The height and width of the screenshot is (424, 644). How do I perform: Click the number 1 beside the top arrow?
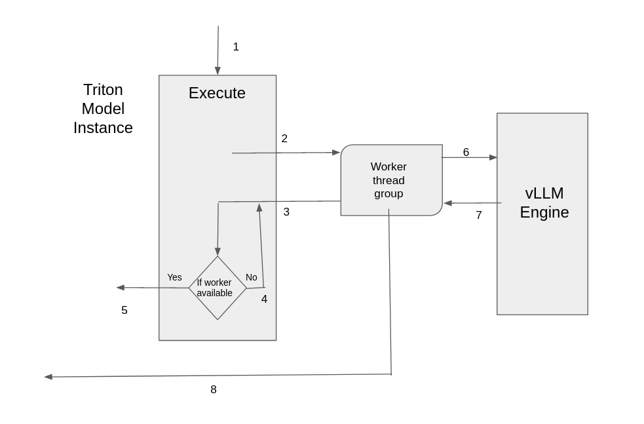[236, 47]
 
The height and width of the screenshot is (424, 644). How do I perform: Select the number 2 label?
[284, 139]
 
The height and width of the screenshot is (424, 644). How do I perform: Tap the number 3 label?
[286, 212]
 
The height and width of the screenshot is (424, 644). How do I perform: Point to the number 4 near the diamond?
[264, 299]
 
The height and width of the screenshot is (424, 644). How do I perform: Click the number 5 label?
[124, 311]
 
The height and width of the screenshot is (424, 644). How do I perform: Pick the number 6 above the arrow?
[466, 153]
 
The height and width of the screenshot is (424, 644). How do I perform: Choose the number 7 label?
[479, 216]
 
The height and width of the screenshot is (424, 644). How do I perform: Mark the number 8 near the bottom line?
[214, 390]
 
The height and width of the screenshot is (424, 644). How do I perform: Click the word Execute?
[217, 93]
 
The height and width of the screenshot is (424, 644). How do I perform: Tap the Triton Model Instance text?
[103, 109]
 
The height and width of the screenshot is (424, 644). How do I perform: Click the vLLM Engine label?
[544, 203]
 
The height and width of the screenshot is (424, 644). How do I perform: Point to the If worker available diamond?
[218, 288]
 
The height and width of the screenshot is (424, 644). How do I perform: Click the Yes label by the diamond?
[174, 278]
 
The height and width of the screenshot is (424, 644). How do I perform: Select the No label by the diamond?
[252, 278]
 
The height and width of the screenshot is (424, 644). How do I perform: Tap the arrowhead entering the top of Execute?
[218, 71]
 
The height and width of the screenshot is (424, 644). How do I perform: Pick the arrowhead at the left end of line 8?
[48, 377]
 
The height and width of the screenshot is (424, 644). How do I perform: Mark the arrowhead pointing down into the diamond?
[218, 252]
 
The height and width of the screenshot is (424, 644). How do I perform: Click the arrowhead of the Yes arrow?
[121, 288]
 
